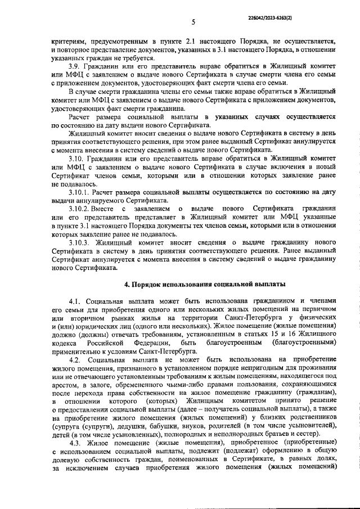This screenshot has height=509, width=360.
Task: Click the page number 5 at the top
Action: [193, 23]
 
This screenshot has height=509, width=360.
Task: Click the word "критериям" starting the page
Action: [69, 41]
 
